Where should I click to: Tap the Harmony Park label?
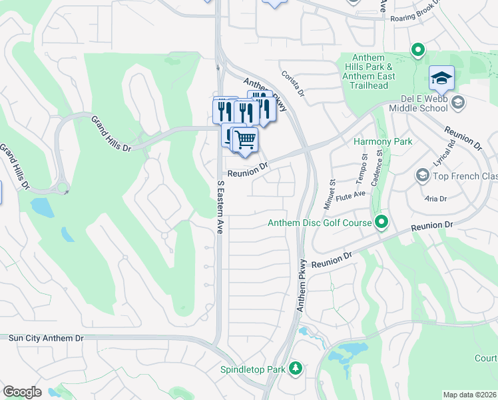coord(383,141)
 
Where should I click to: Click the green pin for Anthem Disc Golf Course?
coord(381,221)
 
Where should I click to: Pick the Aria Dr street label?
coord(435,199)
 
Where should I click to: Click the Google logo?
coord(21,392)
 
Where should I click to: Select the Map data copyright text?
coord(469,395)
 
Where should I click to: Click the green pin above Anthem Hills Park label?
coord(417,49)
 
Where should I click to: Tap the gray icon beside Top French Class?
coord(422,175)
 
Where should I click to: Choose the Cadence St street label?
coord(380,161)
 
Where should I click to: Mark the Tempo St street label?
coord(364,165)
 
